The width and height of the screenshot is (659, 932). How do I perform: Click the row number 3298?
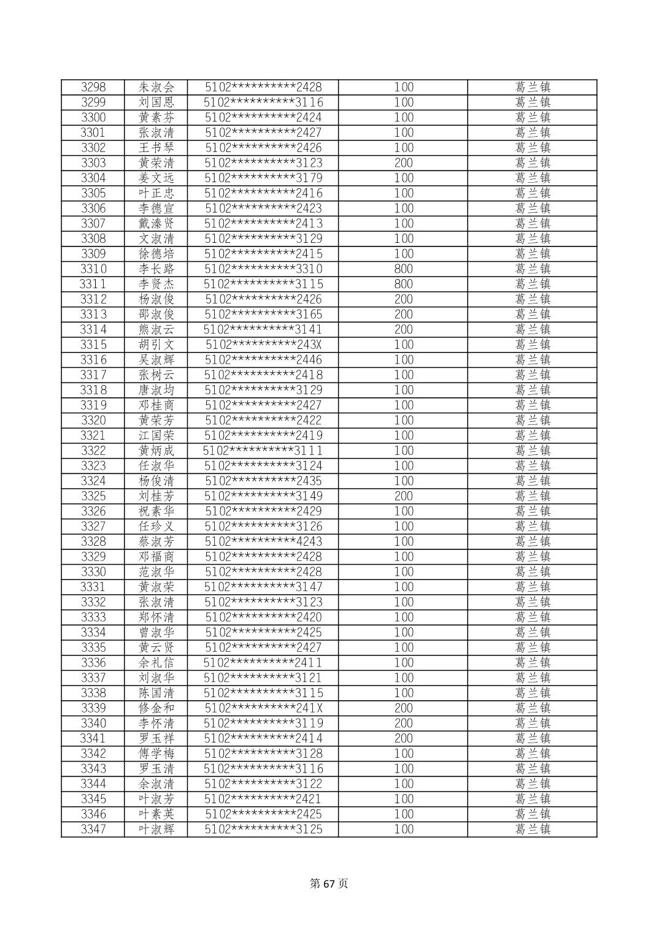point(93,87)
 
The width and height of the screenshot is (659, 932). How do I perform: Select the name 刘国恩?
point(156,102)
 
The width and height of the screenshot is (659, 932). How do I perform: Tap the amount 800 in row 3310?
point(403,269)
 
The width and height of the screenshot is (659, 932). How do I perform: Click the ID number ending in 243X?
point(263,345)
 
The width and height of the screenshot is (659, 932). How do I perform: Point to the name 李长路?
point(156,269)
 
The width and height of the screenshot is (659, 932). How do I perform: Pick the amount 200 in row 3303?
point(403,163)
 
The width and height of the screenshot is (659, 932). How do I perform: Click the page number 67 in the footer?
point(329,884)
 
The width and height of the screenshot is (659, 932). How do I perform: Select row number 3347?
point(93,830)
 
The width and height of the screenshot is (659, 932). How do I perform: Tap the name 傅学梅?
point(156,754)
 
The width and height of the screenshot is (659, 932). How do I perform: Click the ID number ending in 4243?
point(263,541)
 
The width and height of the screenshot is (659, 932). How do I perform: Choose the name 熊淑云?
point(156,329)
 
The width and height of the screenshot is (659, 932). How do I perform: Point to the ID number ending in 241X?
point(263,708)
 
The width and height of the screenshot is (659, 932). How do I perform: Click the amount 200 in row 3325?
point(403,496)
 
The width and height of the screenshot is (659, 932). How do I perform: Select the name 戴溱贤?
point(156,223)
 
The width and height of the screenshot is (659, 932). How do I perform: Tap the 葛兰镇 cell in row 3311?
point(532,284)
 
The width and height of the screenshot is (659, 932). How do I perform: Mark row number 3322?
point(93,451)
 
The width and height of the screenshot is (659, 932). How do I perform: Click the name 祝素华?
point(156,511)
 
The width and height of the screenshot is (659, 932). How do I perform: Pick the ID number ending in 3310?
point(263,269)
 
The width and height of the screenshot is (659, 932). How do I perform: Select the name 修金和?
point(156,708)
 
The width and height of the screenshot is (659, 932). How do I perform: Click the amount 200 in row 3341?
point(403,738)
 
